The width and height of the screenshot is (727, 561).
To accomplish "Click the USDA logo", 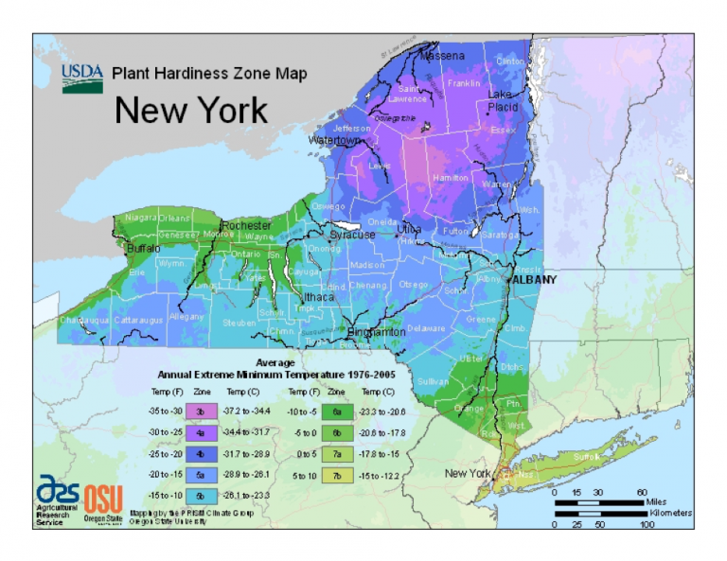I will click(x=82, y=77).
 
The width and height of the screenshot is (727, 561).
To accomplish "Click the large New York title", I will click(x=191, y=111).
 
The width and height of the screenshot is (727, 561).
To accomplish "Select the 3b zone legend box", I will click(x=202, y=411).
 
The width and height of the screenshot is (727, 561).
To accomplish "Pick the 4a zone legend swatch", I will click(x=202, y=431).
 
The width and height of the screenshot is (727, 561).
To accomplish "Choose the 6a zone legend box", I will click(x=336, y=411).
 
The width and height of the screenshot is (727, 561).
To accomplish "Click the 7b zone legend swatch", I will click(x=336, y=474).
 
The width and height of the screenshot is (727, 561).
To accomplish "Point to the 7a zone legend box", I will click(x=336, y=453).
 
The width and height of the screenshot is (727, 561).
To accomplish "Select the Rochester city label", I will click(x=246, y=225).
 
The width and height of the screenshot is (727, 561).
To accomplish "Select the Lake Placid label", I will click(x=503, y=101).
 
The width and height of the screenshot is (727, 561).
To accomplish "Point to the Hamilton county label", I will click(x=449, y=177).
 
